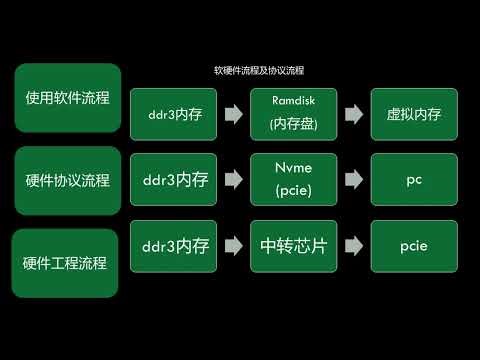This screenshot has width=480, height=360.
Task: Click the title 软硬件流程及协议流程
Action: pyautogui.click(x=259, y=71)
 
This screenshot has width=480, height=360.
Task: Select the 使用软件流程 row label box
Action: pyautogui.click(x=67, y=98)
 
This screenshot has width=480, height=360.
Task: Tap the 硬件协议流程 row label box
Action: pyautogui.click(x=67, y=181)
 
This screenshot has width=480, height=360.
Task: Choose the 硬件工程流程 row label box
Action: pyautogui.click(x=66, y=262)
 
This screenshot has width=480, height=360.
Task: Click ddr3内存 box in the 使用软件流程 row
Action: pyautogui.click(x=172, y=114)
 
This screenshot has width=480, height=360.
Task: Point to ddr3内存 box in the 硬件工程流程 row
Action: pyautogui.click(x=174, y=247)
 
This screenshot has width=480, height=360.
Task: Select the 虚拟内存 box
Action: pyautogui.click(x=413, y=114)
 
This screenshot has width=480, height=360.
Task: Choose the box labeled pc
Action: pyautogui.click(x=413, y=181)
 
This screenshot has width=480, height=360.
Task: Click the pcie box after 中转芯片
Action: pyautogui.click(x=413, y=247)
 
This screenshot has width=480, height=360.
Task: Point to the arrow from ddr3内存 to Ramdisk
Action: pyautogui.click(x=233, y=114)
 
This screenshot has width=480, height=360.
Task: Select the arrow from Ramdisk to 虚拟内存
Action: pyautogui.click(x=353, y=114)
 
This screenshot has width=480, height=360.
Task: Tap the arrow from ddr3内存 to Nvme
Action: pyautogui.click(x=233, y=180)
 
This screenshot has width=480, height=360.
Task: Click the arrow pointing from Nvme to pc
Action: pyautogui.click(x=353, y=180)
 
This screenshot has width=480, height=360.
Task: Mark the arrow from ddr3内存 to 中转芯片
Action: pyautogui.click(x=233, y=247)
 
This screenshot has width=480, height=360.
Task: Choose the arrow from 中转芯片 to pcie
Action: pyautogui.click(x=353, y=247)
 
